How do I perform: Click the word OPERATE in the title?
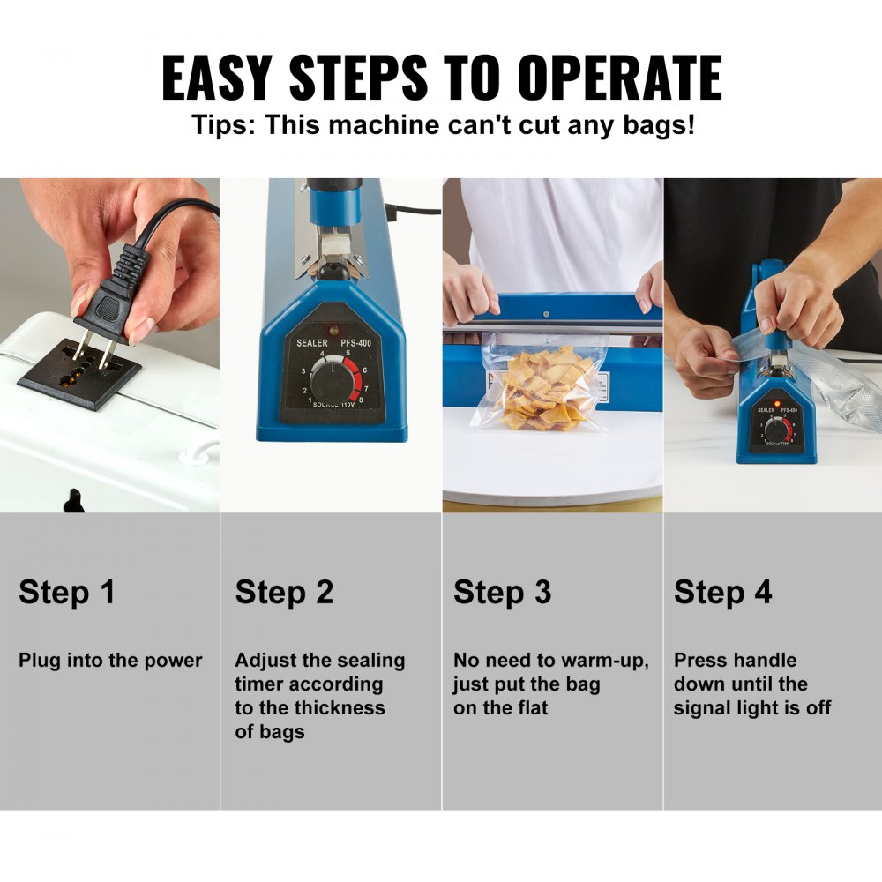pyautogui.click(x=619, y=77)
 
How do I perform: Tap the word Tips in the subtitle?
pyautogui.click(x=223, y=123)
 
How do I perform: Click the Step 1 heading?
pyautogui.click(x=67, y=592)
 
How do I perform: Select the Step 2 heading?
pyautogui.click(x=284, y=592)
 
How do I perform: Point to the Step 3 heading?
pyautogui.click(x=502, y=592)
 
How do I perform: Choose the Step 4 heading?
pyautogui.click(x=722, y=592)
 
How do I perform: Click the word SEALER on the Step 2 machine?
pyautogui.click(x=311, y=342)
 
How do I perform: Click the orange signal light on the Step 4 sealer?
pyautogui.click(x=777, y=403)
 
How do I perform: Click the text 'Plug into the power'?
pyautogui.click(x=110, y=661)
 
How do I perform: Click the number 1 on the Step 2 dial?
pyautogui.click(x=310, y=400)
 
